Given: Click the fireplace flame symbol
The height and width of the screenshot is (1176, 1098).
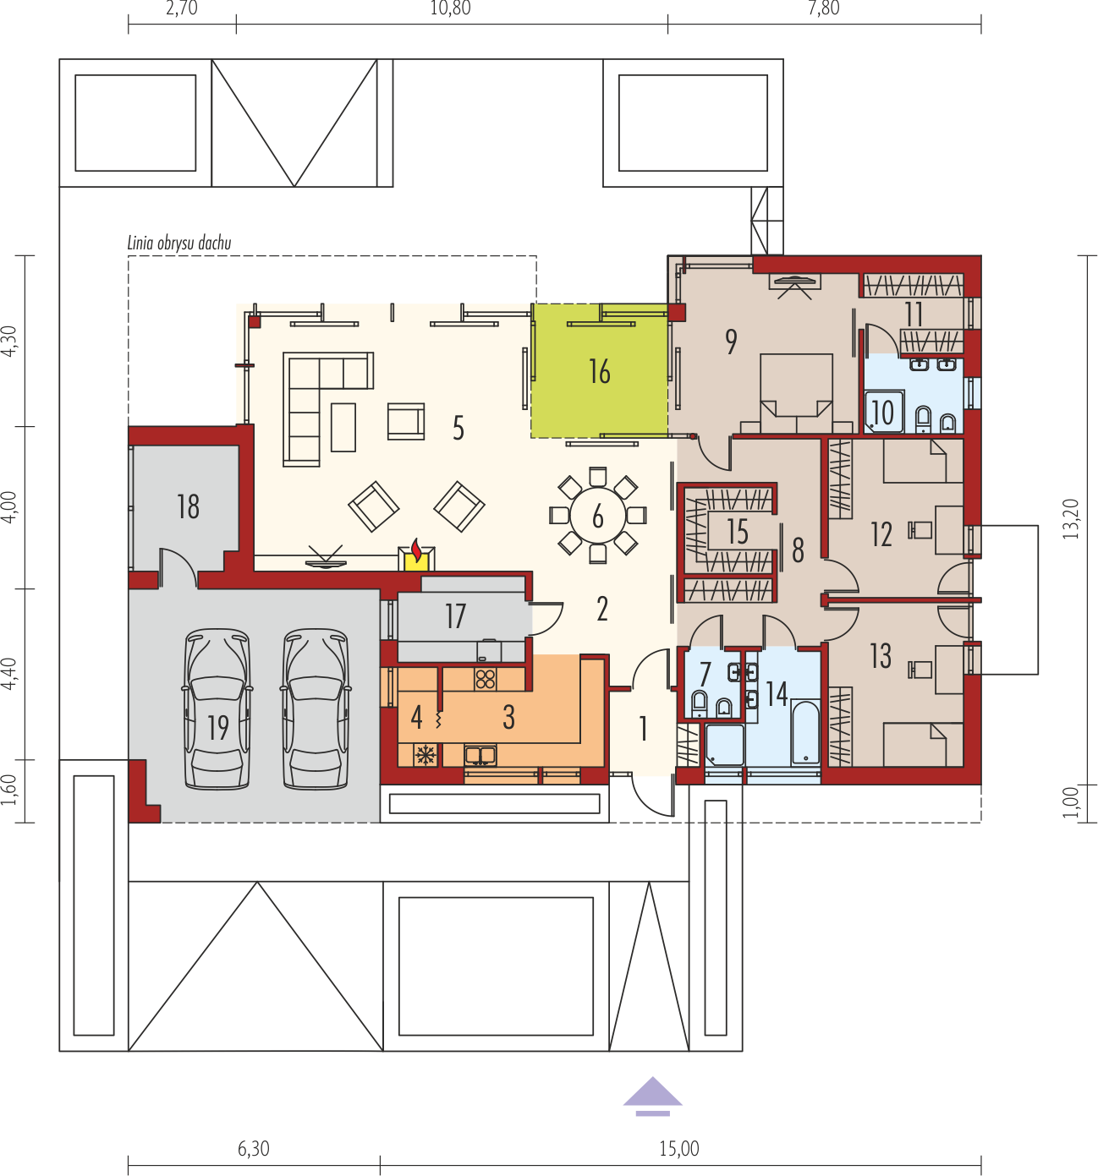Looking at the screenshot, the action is point(417,550).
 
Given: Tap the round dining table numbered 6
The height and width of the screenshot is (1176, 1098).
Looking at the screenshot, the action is point(597,515).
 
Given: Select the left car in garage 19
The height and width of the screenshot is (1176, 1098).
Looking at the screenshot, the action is point(217,708).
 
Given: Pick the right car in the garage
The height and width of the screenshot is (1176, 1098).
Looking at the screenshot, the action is point(316,708).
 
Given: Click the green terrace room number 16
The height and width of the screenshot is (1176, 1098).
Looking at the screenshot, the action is point(599,371).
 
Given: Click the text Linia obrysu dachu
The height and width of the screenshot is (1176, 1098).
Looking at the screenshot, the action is point(179,243).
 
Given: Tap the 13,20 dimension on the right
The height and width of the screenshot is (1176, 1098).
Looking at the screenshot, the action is point(1071,519).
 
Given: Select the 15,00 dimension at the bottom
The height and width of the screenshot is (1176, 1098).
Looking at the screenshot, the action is point(679,1148).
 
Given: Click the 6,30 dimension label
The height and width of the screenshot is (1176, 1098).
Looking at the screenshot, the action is point(254,1148).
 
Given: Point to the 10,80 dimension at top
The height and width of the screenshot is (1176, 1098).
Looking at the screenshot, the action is point(450,8).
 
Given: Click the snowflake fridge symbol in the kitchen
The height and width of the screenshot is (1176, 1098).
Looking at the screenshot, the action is point(425,755).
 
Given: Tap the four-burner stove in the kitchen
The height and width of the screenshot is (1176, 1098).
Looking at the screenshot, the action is point(486,679).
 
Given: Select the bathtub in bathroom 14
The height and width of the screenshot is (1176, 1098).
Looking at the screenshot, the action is point(805,732).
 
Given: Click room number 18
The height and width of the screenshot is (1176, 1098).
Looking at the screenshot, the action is point(188,507).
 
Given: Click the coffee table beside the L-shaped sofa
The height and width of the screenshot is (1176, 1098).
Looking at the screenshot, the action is point(343,427).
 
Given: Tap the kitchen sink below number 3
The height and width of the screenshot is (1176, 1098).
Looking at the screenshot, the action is point(480,755).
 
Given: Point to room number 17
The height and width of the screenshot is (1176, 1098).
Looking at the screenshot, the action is point(455,615).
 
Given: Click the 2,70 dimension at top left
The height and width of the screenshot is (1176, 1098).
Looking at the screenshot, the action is point(182,8).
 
